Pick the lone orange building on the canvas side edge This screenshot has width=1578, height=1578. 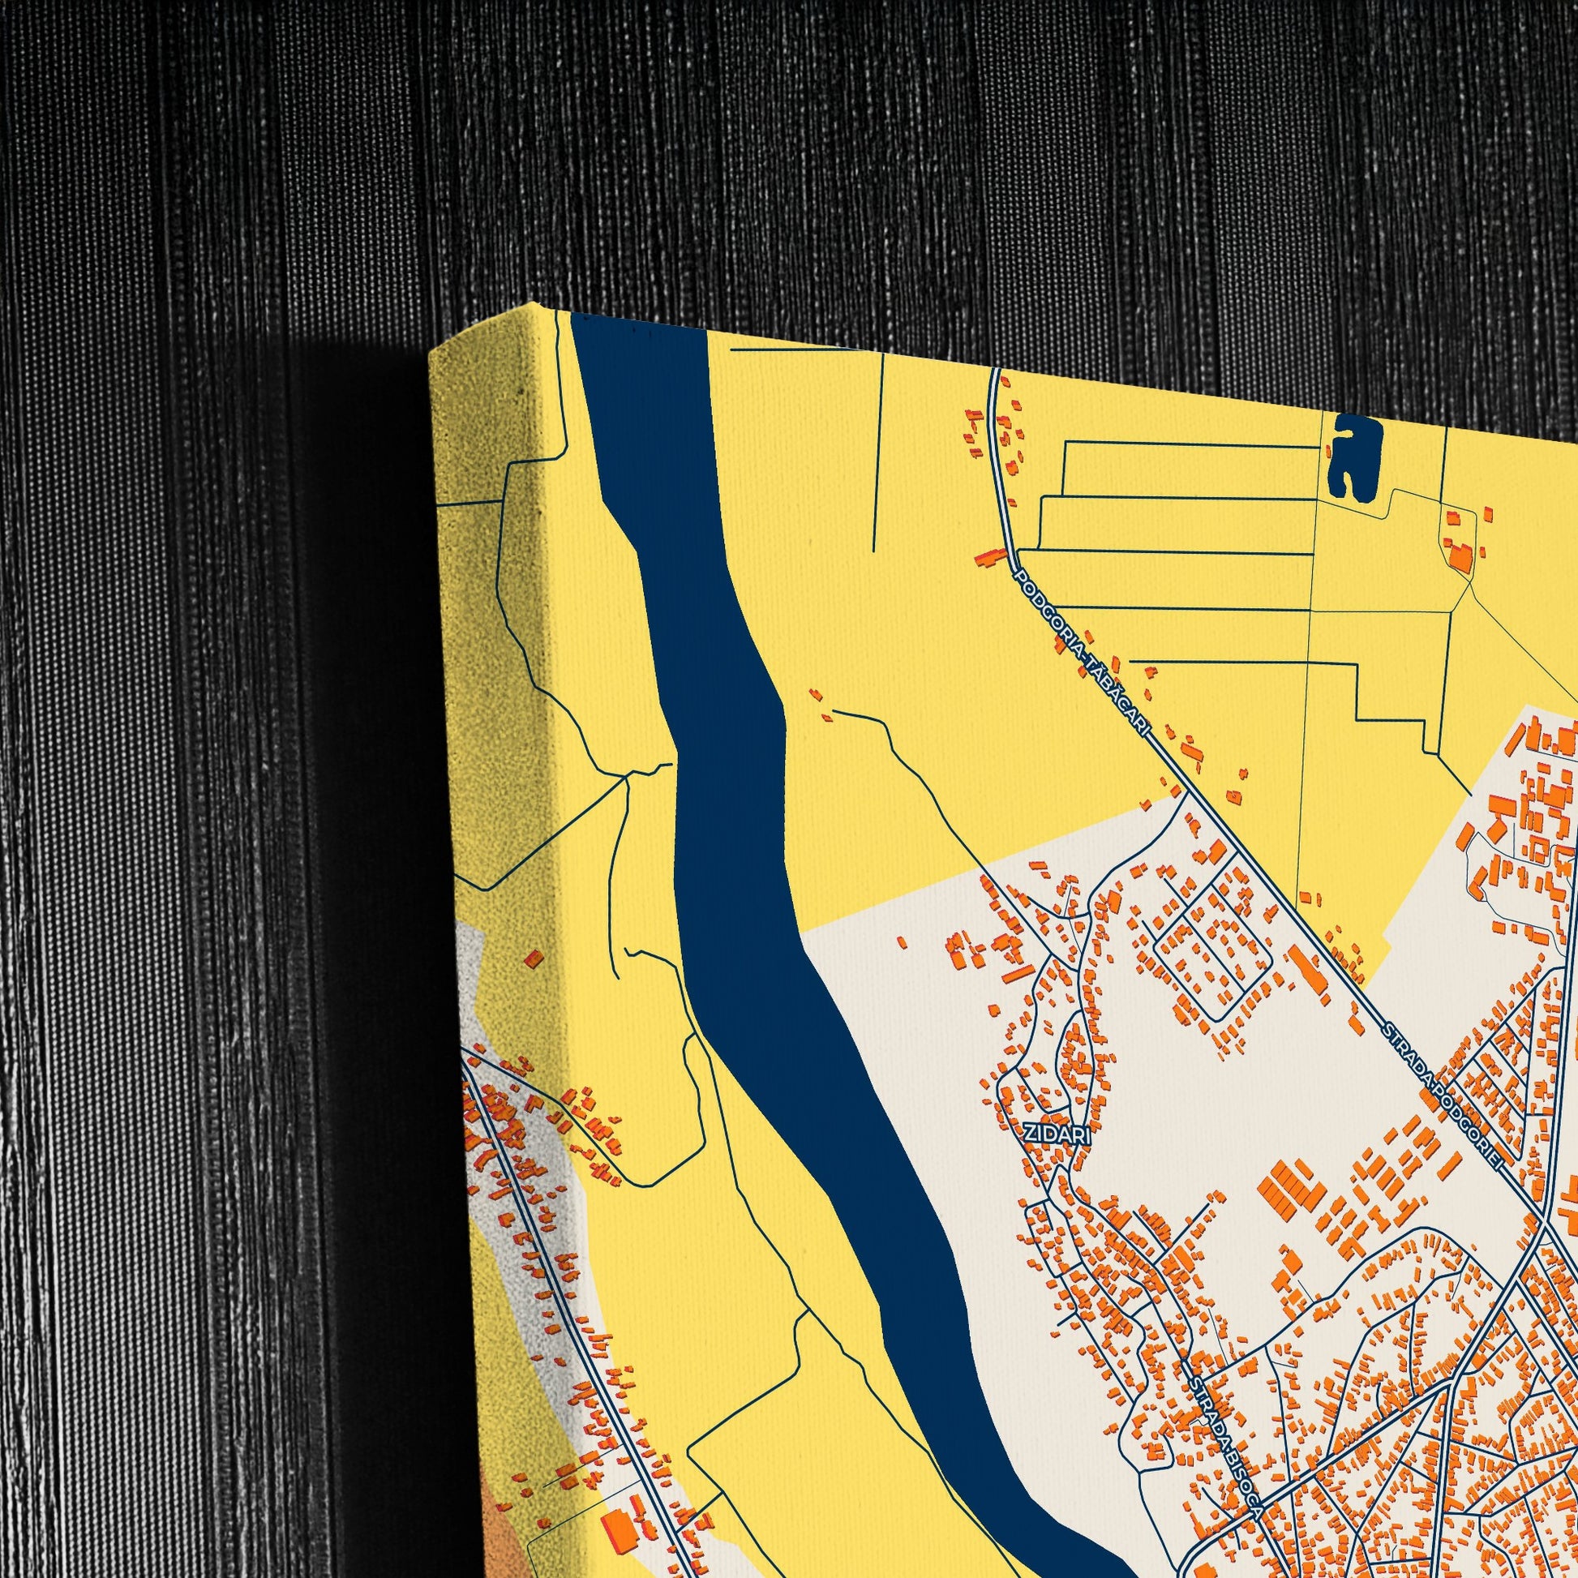[x=534, y=959]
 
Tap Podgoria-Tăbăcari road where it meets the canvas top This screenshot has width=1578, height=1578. [x=994, y=372]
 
